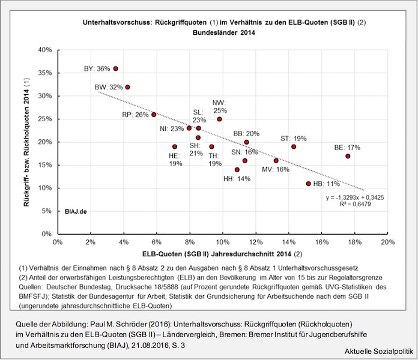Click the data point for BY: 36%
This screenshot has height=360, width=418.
(x=115, y=68)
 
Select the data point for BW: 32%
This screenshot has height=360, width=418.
(x=127, y=87)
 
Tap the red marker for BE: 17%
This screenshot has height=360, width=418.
(x=348, y=156)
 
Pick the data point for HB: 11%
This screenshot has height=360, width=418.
(x=309, y=184)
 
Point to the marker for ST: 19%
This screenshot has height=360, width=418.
(x=294, y=146)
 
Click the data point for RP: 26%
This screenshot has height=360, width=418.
(x=154, y=115)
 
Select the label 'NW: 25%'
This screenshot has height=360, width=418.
(x=220, y=106)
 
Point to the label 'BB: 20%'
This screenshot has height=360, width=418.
(x=246, y=133)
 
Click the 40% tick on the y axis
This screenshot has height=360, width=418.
(x=45, y=50)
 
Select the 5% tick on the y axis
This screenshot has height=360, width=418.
(x=47, y=211)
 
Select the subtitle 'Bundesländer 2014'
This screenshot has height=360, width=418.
(x=223, y=34)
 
